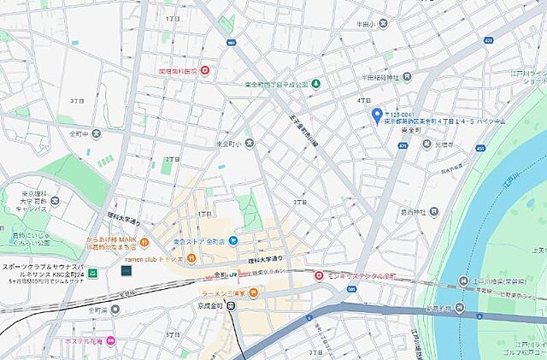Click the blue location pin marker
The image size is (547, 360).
point(377,115)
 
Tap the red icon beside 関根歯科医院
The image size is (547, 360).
point(205,71)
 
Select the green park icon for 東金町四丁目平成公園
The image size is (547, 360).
point(315,84)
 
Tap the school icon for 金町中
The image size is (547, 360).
point(96,134)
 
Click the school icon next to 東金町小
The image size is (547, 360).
point(249,144)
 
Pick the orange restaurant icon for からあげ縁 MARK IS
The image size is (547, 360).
point(144,241)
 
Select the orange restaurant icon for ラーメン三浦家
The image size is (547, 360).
point(265,292)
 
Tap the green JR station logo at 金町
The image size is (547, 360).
point(232,274)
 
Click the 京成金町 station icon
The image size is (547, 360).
point(231,307)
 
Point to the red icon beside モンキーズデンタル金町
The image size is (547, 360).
point(319,275)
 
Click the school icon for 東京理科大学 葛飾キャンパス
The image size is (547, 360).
point(55,201)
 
